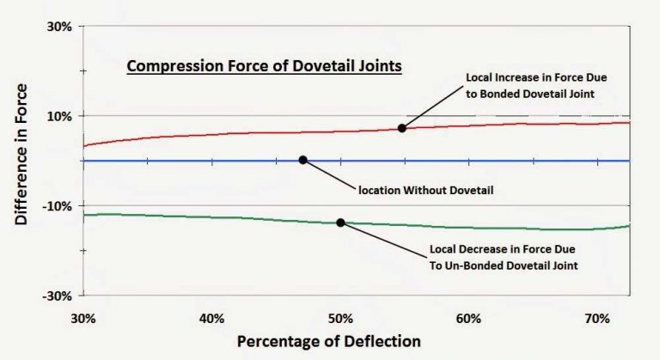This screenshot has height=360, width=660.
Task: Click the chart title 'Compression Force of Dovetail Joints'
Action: tap(264, 65)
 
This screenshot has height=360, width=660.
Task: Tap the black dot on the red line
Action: tap(401, 128)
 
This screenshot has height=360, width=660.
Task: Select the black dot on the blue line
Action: tap(302, 160)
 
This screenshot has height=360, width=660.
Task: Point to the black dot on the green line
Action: tap(340, 223)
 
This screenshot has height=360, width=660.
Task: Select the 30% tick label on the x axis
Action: tap(83, 318)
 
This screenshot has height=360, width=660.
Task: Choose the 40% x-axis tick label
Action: tap(211, 318)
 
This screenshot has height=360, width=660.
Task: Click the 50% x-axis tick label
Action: tap(340, 318)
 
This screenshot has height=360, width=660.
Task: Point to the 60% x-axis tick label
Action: tap(468, 318)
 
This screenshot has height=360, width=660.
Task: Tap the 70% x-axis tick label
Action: tap(596, 318)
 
